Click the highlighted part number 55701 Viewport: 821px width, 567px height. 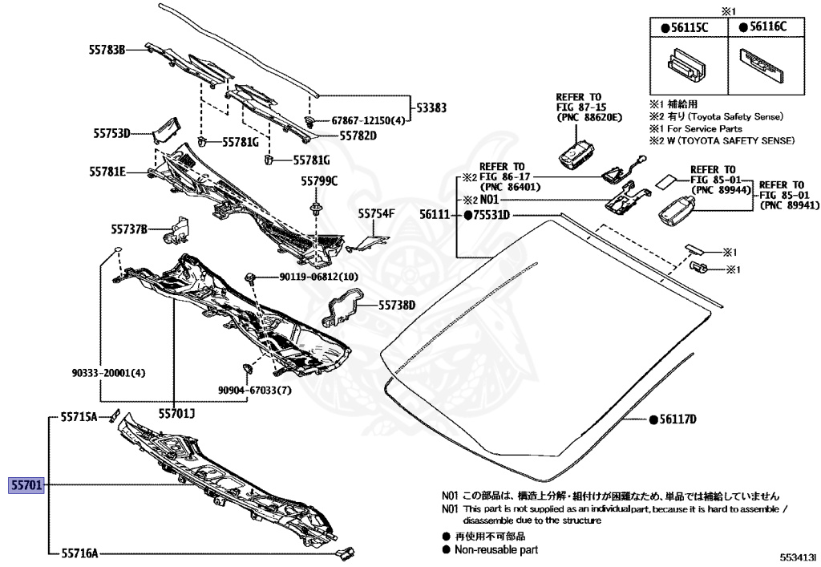coord(26,485)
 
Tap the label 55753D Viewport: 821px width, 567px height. coord(110,134)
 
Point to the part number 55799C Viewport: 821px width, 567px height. coord(319,180)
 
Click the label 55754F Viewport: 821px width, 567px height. coord(377,214)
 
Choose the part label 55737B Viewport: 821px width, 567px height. coord(129,230)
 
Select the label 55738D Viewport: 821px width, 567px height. coord(398,305)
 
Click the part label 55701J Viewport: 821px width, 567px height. coord(176,414)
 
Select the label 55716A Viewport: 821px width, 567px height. coord(79,553)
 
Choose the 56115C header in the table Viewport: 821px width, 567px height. coord(686,27)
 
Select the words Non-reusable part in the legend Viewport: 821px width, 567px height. coord(496,549)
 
